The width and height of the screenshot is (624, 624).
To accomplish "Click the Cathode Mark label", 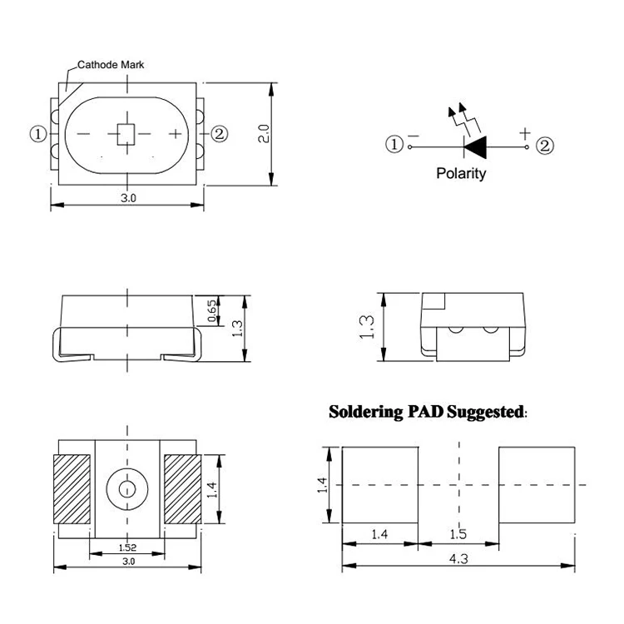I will point(110,64).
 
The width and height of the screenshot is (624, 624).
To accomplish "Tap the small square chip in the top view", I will point(126,133).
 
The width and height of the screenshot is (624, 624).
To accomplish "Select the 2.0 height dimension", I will point(263,134).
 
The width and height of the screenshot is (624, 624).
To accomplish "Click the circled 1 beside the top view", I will point(37,133).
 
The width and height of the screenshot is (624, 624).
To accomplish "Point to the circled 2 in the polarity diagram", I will point(544,146).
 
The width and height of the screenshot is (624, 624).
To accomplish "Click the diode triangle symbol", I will point(475,146).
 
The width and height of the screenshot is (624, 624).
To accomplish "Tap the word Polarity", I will point(461,174).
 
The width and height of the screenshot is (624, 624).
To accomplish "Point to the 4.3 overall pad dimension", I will point(458,559).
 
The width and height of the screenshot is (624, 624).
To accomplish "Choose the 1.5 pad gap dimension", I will point(458,535).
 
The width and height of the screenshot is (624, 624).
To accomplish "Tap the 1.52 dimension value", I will point(127,547).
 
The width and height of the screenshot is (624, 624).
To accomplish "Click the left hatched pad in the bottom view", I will point(72,490).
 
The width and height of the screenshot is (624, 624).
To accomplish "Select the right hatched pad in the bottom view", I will point(182,490).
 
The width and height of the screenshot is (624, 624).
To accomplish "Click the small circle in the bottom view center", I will point(126,488).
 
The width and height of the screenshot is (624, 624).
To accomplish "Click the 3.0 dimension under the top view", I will point(128,198).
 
